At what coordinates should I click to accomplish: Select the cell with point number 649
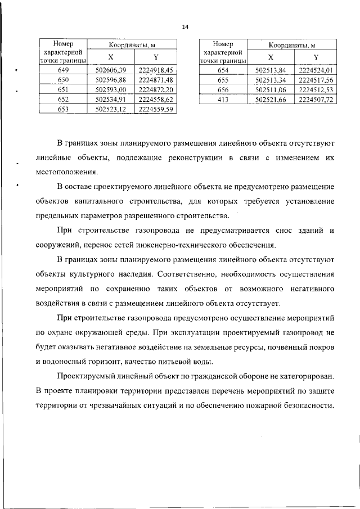(64, 70)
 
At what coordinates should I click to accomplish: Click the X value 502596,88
(111, 80)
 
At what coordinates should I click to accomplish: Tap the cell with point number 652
(64, 100)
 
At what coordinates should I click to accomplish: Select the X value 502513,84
(271, 70)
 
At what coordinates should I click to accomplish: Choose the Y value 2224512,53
(316, 89)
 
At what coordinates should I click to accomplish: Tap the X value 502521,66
(271, 100)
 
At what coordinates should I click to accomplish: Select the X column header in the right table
(271, 57)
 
